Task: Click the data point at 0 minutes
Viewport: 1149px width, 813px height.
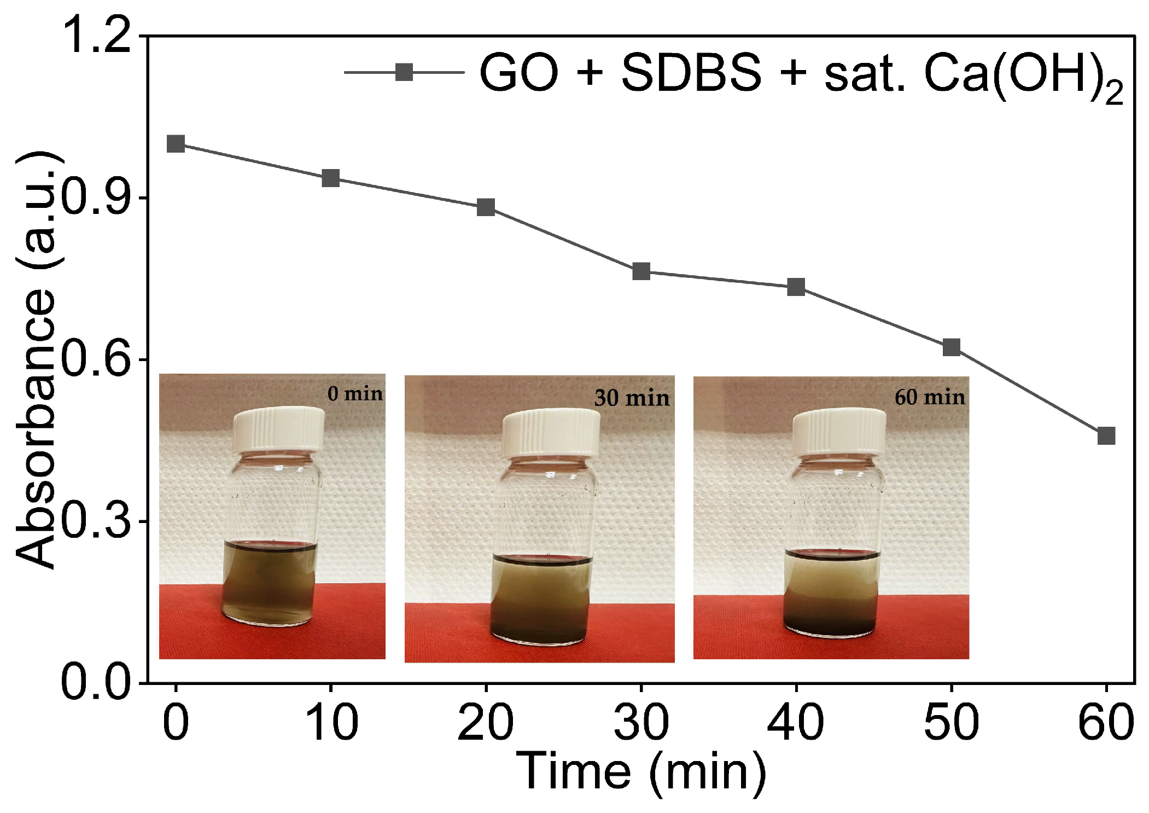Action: point(176,144)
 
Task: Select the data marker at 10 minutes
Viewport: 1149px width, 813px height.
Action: point(330,178)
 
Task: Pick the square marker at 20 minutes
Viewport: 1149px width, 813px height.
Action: point(486,207)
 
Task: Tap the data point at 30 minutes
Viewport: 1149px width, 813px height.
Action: point(641,271)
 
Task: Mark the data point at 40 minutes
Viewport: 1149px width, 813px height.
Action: point(796,287)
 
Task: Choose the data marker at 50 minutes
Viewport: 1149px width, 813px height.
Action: point(952,347)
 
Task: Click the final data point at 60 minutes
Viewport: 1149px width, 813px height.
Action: point(1106,436)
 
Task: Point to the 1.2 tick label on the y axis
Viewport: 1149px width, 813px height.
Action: point(97,35)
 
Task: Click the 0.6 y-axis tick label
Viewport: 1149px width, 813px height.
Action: point(97,359)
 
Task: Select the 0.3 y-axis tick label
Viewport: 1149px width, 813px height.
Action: point(97,521)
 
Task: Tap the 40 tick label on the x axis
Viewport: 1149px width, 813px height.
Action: point(796,722)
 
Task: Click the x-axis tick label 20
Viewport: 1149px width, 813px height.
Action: point(486,722)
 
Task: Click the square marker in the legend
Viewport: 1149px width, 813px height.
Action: point(404,72)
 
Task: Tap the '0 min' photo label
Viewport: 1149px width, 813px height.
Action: point(355,393)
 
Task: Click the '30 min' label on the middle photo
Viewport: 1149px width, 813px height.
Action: point(632,398)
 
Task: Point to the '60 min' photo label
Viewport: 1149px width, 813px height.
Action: point(930,397)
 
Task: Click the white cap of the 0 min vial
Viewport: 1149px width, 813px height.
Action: point(279,430)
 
